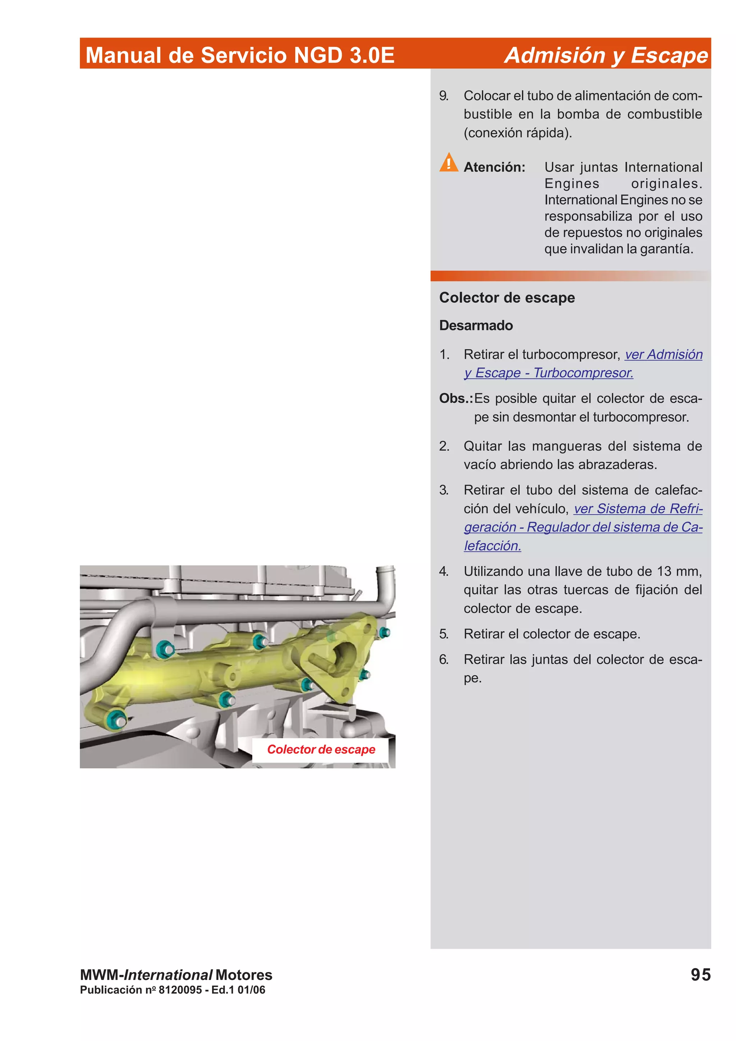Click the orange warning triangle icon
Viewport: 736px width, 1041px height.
[x=448, y=162]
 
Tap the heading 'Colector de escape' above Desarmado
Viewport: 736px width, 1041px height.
[x=506, y=297]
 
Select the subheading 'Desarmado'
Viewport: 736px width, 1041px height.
[x=476, y=325]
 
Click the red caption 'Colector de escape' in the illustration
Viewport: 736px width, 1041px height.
[x=321, y=749]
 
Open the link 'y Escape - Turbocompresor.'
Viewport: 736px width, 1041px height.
[x=548, y=373]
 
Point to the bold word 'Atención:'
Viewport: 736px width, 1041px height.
[x=494, y=167]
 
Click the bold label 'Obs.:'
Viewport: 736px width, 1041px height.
[x=455, y=398]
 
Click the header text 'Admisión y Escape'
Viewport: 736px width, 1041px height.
[x=606, y=55]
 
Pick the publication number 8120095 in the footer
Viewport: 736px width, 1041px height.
[x=180, y=990]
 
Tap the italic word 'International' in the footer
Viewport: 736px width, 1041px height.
[x=168, y=975]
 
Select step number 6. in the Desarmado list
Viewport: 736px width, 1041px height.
[x=443, y=659]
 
